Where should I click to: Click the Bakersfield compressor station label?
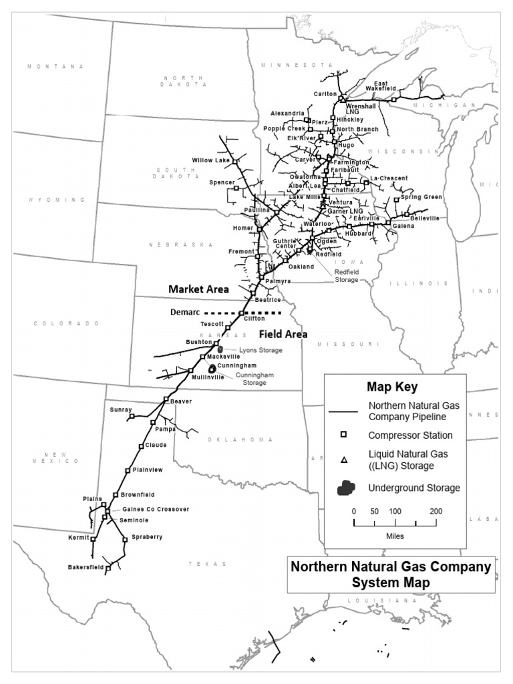pos(86,567)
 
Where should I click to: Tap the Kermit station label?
pos(78,537)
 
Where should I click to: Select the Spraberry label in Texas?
pos(147,537)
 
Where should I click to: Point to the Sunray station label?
pos(121,409)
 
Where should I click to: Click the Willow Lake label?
pos(210,160)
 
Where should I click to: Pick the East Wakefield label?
pos(385,85)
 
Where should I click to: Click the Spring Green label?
pos(421,197)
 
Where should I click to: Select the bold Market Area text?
pos(198,289)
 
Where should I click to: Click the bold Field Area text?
pos(283,333)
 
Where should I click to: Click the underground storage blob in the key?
pos(346,488)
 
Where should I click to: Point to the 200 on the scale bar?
pos(436,511)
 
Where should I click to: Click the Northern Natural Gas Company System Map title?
pos(391,574)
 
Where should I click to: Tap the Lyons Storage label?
pos(261,350)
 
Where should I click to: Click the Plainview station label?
pos(148,470)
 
